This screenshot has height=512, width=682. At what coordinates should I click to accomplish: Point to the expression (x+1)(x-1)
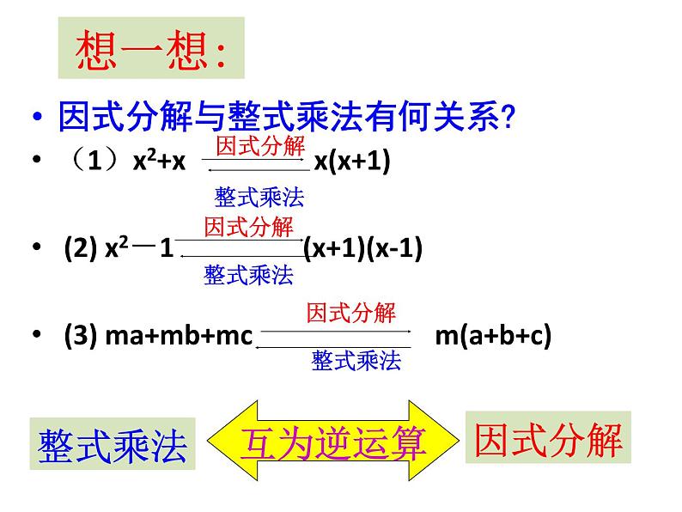[x=363, y=249]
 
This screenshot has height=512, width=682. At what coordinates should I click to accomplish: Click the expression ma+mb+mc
[x=179, y=335]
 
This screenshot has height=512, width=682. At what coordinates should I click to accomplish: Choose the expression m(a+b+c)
[x=492, y=335]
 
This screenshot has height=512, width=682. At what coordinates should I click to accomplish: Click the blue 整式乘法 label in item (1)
[x=259, y=198]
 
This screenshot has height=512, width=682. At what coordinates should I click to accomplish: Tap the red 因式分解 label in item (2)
[x=248, y=228]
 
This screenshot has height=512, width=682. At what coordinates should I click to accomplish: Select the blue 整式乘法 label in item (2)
[x=248, y=275]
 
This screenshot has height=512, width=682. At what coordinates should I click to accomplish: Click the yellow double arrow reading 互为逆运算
[x=334, y=442]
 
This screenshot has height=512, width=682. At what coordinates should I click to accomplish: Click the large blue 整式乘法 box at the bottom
[x=113, y=444]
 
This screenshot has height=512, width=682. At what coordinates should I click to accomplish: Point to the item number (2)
[x=80, y=249]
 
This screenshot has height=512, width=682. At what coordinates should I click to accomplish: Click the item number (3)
[x=80, y=335]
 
